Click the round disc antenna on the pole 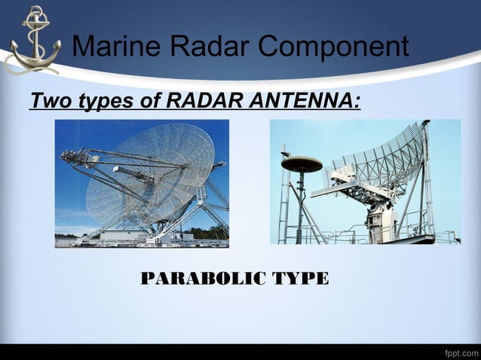301,163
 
